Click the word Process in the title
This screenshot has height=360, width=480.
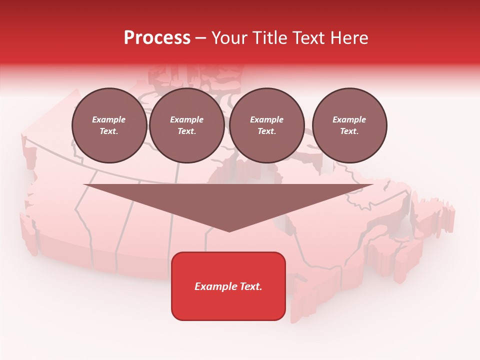[x=157, y=38]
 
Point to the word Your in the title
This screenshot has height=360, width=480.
[x=228, y=38]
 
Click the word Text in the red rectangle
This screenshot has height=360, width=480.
[x=249, y=286]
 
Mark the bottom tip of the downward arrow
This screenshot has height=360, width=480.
[x=229, y=231]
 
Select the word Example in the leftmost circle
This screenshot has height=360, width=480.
[x=109, y=119]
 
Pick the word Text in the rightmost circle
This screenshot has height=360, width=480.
[x=349, y=131]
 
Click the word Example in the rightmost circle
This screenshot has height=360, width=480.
[x=349, y=119]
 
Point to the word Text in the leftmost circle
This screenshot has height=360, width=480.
[x=108, y=131]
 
